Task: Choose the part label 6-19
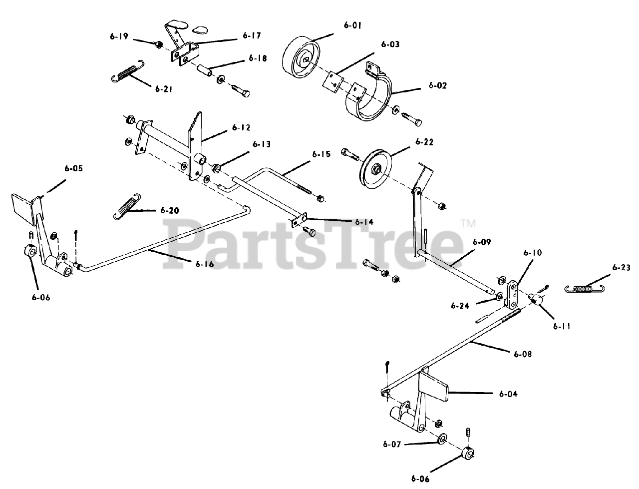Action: (x=119, y=36)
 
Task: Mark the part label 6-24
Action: (x=461, y=305)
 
